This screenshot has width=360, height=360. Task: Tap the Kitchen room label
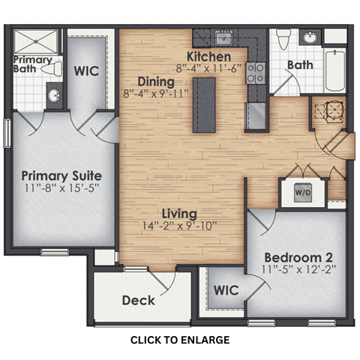(208, 57)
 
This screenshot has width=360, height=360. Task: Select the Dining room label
(156, 82)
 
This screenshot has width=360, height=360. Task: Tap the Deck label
(138, 300)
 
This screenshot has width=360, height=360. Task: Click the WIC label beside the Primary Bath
(85, 70)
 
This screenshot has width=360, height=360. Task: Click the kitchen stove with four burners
(256, 72)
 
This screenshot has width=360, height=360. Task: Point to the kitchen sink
(223, 37)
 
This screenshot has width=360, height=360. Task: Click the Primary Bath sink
(54, 95)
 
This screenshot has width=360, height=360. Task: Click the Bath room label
(300, 65)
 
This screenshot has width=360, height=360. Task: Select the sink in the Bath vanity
(309, 37)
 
